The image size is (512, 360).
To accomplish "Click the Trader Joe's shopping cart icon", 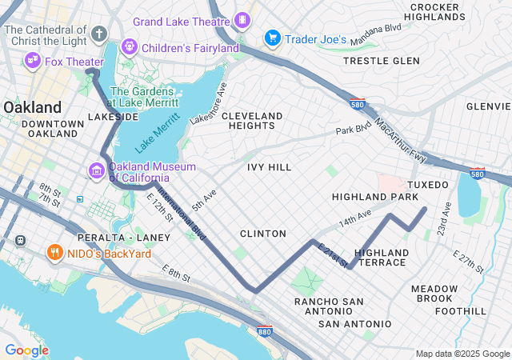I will click(272, 38).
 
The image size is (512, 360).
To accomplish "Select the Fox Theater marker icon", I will click(33, 59).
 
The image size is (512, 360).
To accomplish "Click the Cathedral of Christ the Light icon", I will click(98, 34).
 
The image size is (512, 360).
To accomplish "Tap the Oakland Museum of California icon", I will click(97, 170).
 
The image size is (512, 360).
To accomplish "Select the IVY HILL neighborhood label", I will click(270, 167).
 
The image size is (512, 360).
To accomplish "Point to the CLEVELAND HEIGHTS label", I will click(252, 121).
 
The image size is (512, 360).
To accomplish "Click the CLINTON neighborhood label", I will click(263, 234).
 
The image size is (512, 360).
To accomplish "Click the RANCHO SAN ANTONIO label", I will click(329, 307).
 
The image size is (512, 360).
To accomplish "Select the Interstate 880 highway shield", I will click(266, 330).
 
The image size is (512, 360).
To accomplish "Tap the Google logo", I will click(26, 350).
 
